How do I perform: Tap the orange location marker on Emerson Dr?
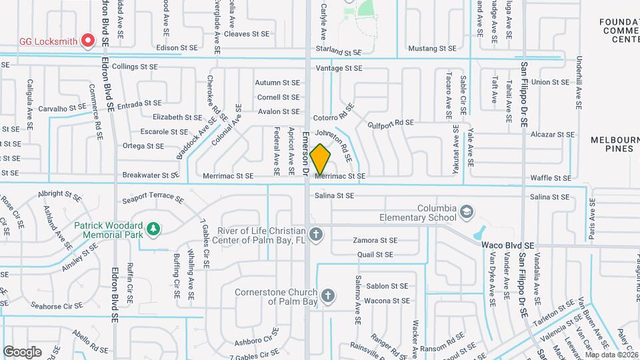320,159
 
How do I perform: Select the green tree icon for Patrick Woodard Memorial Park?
154,229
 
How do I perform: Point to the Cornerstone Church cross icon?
327,295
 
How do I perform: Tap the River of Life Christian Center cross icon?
316,234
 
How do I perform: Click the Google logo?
22,352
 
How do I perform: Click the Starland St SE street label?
338,52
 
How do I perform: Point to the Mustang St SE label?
432,49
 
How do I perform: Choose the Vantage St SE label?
339,68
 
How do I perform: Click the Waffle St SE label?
551,178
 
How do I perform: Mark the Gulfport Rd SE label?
391,123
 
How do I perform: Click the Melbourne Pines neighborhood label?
615,144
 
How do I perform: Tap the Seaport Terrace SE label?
153,199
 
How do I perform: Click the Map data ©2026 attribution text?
611,355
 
